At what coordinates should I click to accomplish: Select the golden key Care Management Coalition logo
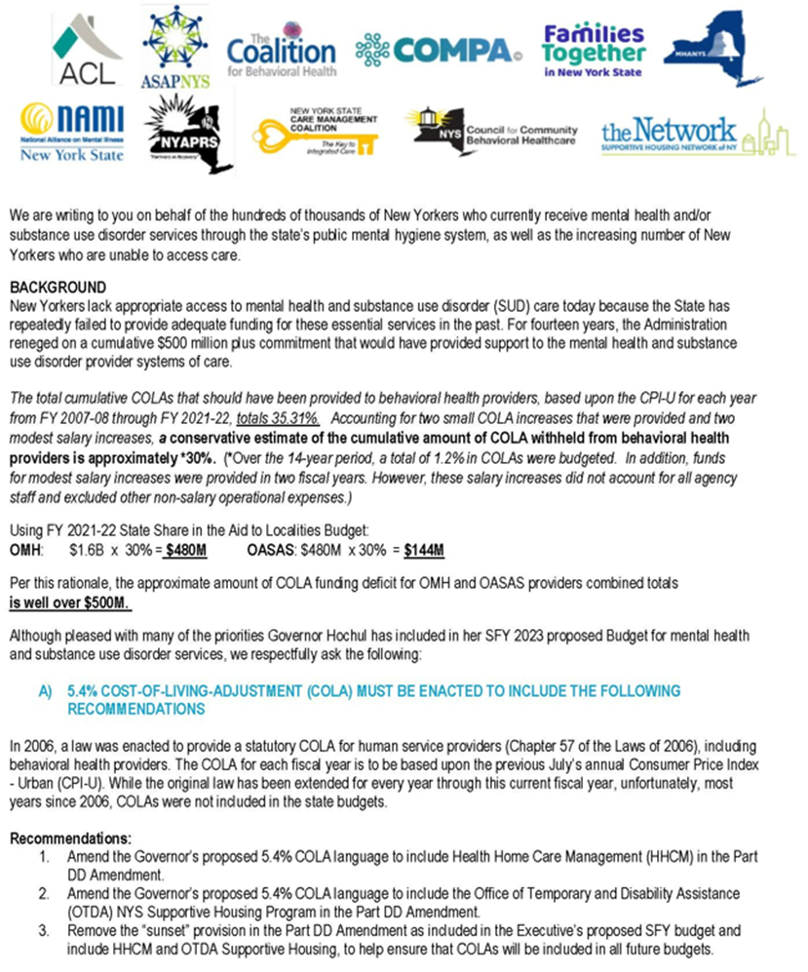[318, 133]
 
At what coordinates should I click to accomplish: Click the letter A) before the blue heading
[45, 689]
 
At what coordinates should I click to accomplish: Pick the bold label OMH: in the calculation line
[25, 549]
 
